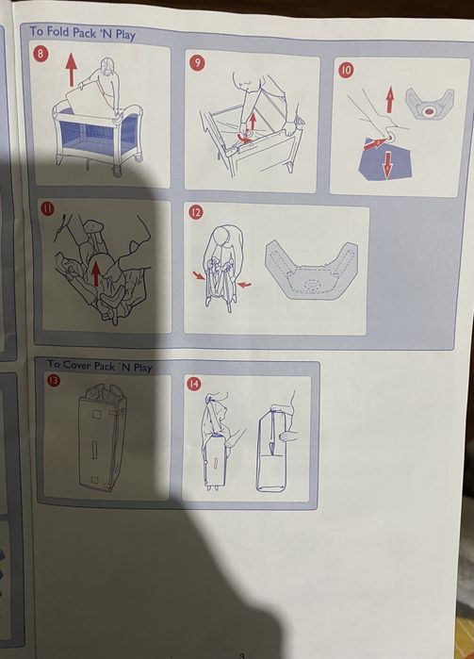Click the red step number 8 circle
(41, 54)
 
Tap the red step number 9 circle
(197, 62)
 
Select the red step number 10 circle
(346, 70)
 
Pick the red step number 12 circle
(195, 212)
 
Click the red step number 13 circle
(54, 380)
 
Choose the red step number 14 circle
(194, 384)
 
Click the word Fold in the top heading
(58, 31)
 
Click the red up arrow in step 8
(72, 70)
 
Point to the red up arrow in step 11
(96, 273)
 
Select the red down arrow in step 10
(387, 164)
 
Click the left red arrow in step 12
(199, 275)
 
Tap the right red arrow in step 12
(244, 285)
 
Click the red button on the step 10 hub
(429, 111)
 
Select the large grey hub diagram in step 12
(311, 271)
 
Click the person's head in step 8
(107, 67)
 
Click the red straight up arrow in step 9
(253, 122)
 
